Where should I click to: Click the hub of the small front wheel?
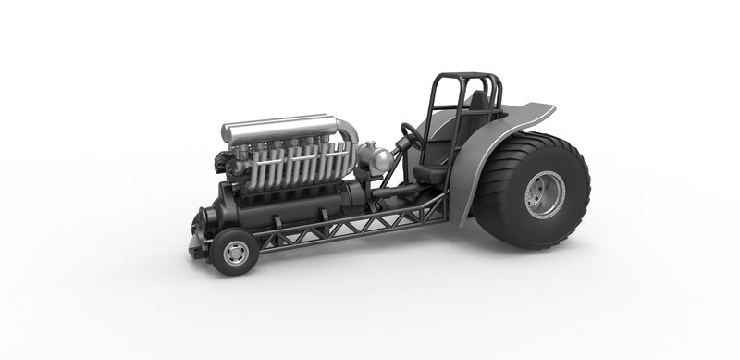(236, 253)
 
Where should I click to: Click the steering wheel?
(412, 136)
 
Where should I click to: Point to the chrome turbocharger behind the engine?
(377, 159)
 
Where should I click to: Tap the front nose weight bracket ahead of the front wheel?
(197, 243)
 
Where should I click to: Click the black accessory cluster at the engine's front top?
(224, 162)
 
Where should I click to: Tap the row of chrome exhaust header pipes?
(287, 167)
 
